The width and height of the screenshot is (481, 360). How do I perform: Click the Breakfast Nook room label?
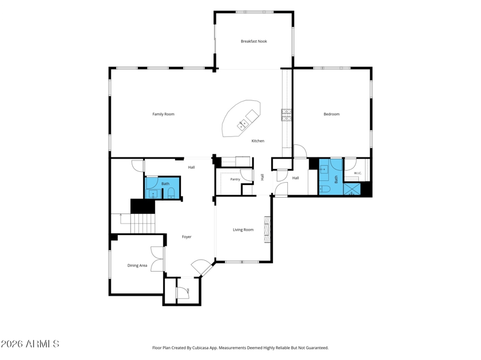[x=254, y=41]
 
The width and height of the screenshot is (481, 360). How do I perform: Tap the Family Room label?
[x=163, y=114]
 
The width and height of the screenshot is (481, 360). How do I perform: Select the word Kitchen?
[x=258, y=141]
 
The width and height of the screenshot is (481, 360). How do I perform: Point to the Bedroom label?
[x=332, y=114]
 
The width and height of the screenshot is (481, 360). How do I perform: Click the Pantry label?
[x=235, y=179]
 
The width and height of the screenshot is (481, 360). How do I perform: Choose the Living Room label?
[x=243, y=230]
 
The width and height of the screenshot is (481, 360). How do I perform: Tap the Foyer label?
[x=186, y=237]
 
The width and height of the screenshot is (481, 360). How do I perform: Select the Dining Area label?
[x=137, y=266]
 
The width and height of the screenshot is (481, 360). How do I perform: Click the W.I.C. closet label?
[x=358, y=173]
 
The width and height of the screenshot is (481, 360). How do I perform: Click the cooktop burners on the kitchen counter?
[x=286, y=115]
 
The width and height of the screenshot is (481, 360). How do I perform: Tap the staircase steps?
[x=142, y=224]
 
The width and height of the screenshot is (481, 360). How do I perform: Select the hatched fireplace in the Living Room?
[x=268, y=230]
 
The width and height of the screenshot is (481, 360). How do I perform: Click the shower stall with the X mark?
[x=352, y=189]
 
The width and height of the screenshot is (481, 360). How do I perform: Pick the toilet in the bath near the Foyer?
[x=171, y=193]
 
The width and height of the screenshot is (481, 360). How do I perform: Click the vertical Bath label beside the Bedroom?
[x=336, y=179]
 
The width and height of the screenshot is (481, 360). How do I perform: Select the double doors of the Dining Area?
[x=158, y=259]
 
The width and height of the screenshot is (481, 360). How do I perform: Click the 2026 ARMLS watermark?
[x=29, y=344]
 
